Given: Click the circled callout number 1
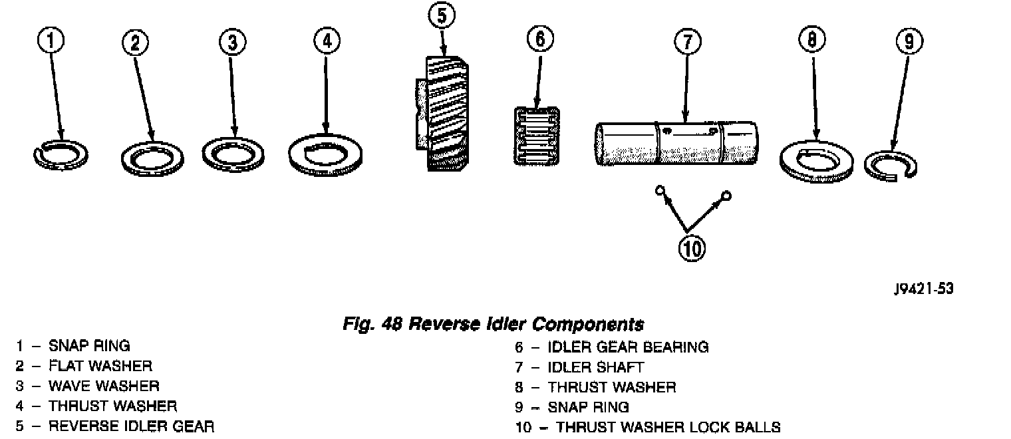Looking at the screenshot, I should click(52, 42).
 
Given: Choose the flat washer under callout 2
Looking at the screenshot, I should click(154, 160).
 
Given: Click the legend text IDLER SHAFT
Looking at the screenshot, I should click(595, 366).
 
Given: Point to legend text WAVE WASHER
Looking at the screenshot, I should click(104, 386).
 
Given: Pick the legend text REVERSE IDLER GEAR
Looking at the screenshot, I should click(131, 426).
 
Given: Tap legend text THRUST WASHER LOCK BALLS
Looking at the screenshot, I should click(668, 426).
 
